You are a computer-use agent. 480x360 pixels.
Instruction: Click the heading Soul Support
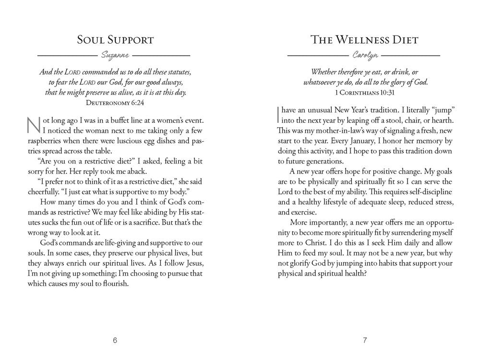(115, 40)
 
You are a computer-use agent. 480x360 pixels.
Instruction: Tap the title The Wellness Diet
(364, 40)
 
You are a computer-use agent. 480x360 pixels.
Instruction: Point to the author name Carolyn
(365, 56)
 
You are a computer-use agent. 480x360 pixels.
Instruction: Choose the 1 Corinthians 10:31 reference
(364, 92)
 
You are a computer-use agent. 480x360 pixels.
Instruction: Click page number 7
(365, 341)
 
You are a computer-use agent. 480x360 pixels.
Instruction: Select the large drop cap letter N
(32, 125)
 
